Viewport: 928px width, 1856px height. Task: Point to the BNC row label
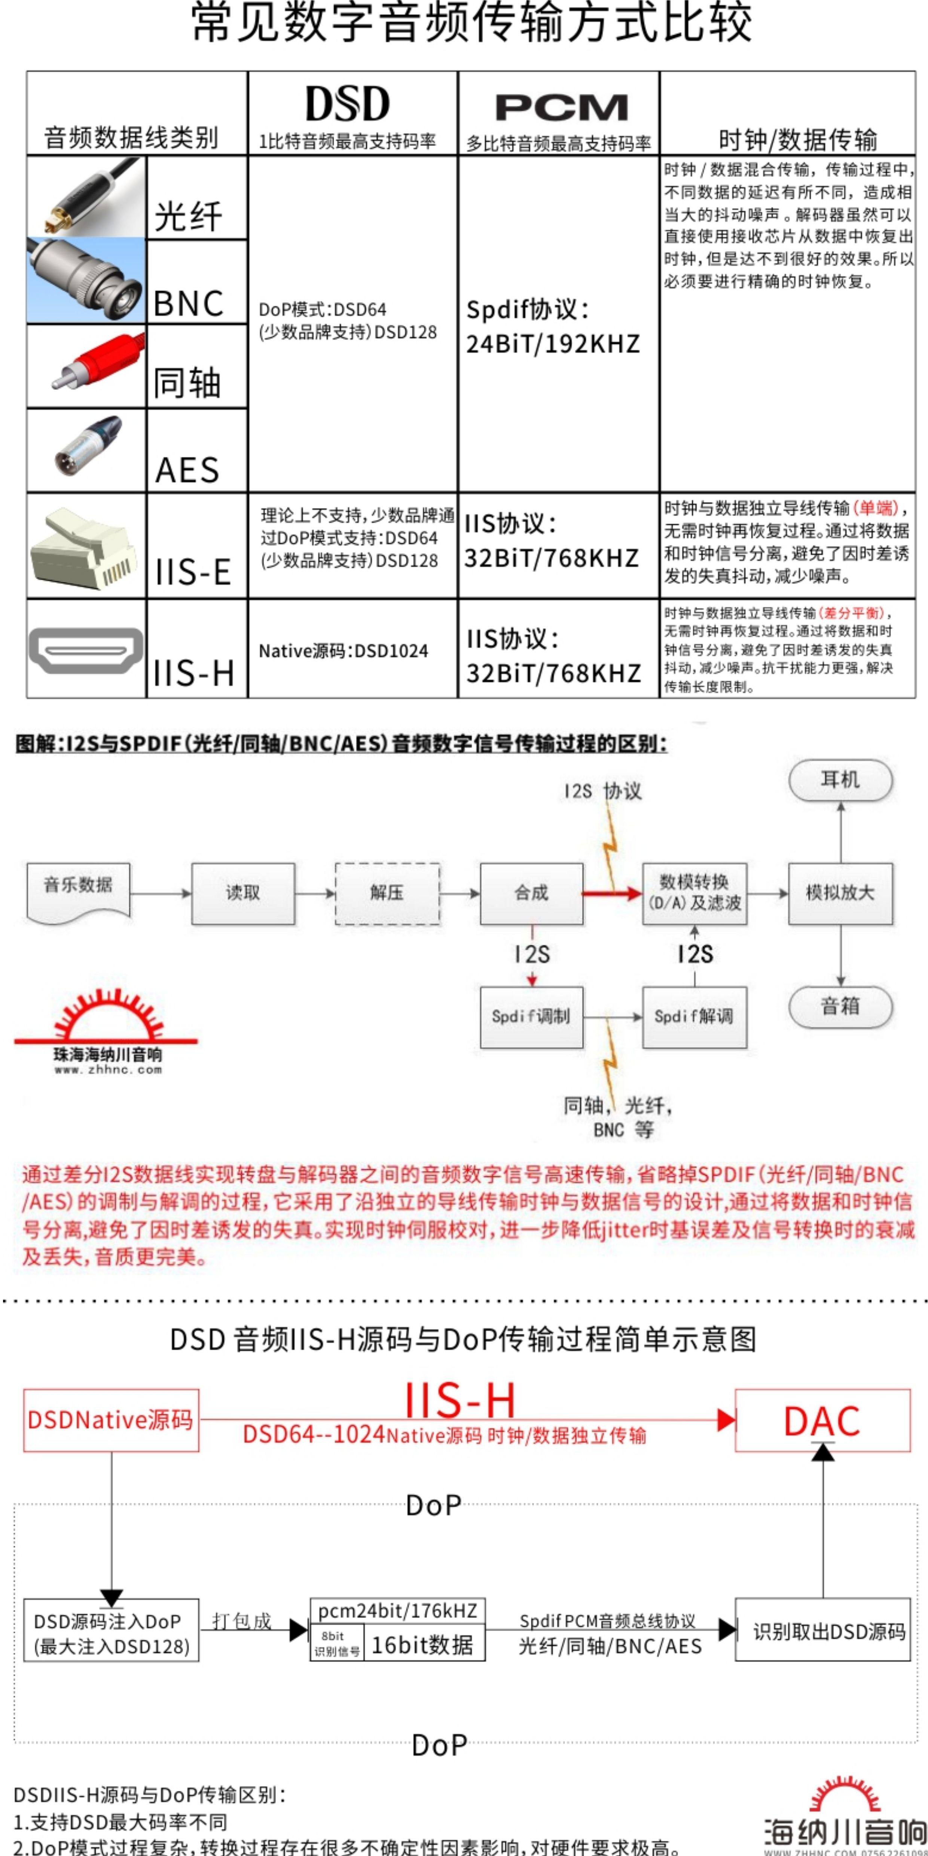coord(189,303)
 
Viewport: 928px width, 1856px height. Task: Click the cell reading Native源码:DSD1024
coord(343,651)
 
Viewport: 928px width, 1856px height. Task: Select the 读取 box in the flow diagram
coord(243,894)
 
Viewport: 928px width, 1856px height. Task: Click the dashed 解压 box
coord(387,894)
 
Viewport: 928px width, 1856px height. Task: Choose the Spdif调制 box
coord(531,1017)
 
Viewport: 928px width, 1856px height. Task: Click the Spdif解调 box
coord(694,1017)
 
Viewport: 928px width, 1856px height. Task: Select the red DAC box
coord(822,1421)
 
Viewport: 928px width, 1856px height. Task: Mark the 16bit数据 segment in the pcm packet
coord(422,1645)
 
